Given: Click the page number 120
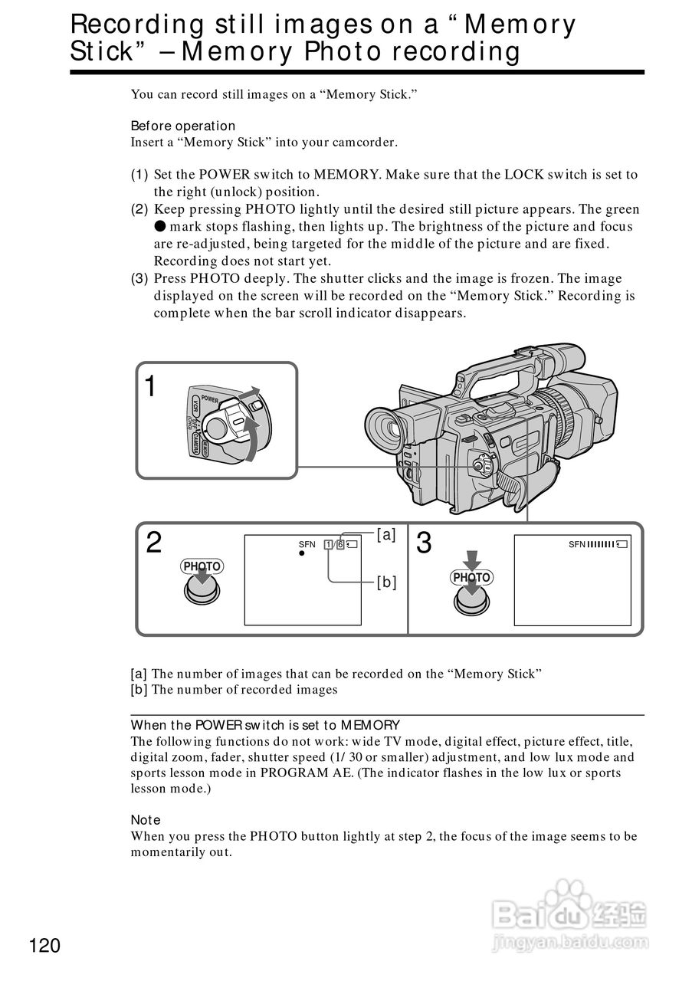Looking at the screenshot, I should pyautogui.click(x=45, y=946).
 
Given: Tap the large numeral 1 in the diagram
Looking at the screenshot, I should pyautogui.click(x=153, y=387).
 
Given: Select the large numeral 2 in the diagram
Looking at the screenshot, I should pyautogui.click(x=154, y=543).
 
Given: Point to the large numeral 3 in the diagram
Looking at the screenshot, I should pyautogui.click(x=423, y=543).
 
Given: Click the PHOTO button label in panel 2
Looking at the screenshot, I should pyautogui.click(x=202, y=566).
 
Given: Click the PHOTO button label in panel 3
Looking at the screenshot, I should pyautogui.click(x=471, y=577).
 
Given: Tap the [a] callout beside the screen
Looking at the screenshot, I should pyautogui.click(x=386, y=536).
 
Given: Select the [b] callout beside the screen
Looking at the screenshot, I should pyautogui.click(x=386, y=582).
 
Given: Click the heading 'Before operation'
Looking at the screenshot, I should pyautogui.click(x=183, y=126).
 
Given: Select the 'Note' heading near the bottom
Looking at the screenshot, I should pyautogui.click(x=146, y=820).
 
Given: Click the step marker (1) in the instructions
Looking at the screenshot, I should pyautogui.click(x=139, y=175).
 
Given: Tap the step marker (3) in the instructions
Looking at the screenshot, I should pyautogui.click(x=139, y=279).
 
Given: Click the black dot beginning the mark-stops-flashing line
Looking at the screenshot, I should pyautogui.click(x=159, y=227).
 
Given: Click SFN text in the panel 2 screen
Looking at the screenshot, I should pyautogui.click(x=307, y=544).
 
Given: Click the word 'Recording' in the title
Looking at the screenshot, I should pyautogui.click(x=127, y=25).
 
